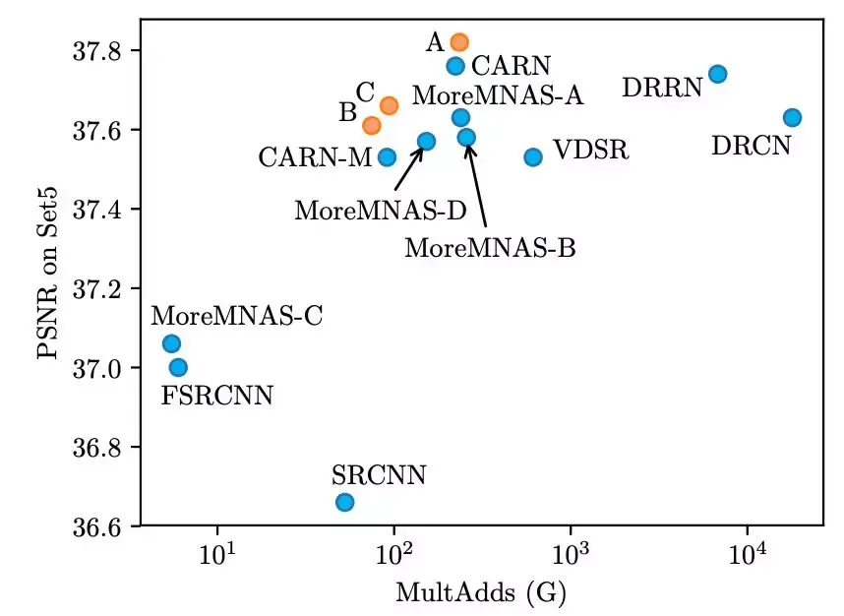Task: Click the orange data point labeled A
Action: (x=459, y=42)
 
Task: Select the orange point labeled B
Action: (x=371, y=125)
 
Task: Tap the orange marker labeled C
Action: (x=389, y=105)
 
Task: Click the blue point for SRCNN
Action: (x=344, y=502)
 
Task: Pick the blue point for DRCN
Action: (x=792, y=118)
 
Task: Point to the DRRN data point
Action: (x=717, y=74)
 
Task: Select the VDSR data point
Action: (x=533, y=156)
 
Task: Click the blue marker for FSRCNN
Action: (x=178, y=367)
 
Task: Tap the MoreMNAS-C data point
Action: (x=171, y=343)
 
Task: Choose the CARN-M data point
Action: (x=387, y=156)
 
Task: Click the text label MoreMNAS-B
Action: (x=490, y=248)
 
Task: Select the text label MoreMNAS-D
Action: (x=366, y=210)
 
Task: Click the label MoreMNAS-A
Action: (x=498, y=95)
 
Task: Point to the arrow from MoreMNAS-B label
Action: (x=478, y=187)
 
